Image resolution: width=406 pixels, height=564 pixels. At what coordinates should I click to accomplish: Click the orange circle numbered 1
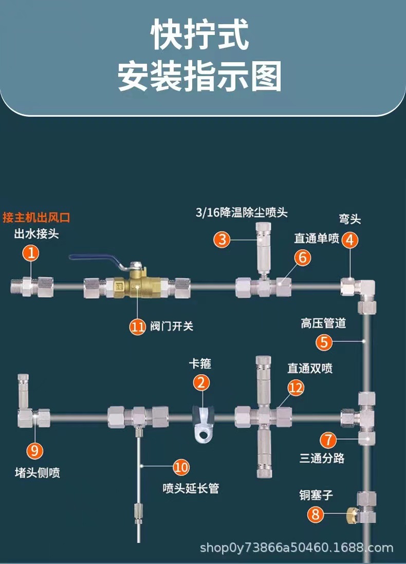(x=31, y=253)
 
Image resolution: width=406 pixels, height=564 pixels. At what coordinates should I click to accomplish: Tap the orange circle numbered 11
(x=137, y=326)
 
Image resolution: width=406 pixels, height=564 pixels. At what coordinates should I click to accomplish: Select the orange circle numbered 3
(x=222, y=239)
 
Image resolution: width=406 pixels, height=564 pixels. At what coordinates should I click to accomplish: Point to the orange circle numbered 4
(x=350, y=240)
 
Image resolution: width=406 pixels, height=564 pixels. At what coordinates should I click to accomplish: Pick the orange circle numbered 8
(x=316, y=514)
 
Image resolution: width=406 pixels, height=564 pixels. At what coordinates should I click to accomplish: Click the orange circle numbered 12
(x=296, y=388)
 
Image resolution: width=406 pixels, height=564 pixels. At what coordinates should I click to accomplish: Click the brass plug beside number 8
(x=351, y=515)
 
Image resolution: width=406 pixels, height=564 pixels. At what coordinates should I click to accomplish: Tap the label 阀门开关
(x=172, y=326)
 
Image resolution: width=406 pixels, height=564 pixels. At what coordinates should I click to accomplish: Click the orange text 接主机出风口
(x=36, y=217)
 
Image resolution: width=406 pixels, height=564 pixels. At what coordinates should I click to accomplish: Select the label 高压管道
(x=323, y=323)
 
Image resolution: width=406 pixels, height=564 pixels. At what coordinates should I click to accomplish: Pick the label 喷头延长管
(x=191, y=488)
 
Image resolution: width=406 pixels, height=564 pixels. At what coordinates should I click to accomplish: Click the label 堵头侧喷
(x=38, y=472)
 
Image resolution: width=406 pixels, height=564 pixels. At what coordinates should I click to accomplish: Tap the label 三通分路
(x=322, y=458)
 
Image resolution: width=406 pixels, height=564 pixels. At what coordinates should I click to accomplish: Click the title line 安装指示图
(x=199, y=76)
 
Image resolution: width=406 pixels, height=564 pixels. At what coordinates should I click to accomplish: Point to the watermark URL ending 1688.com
(x=297, y=548)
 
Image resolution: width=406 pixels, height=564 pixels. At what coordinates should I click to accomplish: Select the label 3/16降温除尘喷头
(x=242, y=212)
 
